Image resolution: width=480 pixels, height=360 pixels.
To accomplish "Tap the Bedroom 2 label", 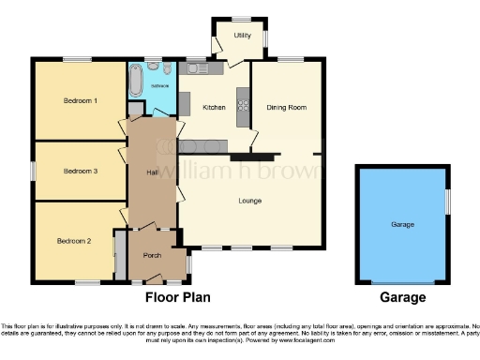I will (x=74, y=241).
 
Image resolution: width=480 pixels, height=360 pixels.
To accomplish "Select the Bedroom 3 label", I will (x=80, y=171).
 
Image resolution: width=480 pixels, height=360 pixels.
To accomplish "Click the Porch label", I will (x=152, y=256).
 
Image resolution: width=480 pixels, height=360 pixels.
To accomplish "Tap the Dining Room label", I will (x=289, y=108).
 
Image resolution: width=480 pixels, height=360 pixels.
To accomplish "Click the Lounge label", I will (x=249, y=201).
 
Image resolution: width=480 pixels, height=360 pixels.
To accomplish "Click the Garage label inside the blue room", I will (x=402, y=225).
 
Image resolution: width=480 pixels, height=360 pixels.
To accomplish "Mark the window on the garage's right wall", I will (x=447, y=202).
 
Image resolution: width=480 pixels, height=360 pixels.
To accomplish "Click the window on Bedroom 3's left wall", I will (x=32, y=171).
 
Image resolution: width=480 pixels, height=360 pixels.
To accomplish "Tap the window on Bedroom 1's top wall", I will (x=77, y=61).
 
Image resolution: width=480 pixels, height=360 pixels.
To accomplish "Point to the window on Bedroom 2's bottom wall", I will (x=88, y=282).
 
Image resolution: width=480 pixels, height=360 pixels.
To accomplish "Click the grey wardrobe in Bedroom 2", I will (x=120, y=253).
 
